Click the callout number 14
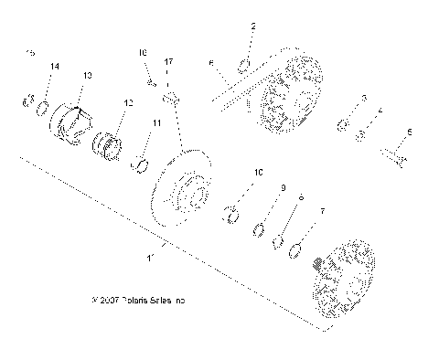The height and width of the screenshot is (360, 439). pyautogui.click(x=55, y=68)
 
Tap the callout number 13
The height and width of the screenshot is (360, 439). pyautogui.click(x=88, y=75)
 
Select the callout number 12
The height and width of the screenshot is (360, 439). pyautogui.click(x=127, y=103)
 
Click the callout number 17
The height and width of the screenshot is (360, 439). pyautogui.click(x=168, y=60)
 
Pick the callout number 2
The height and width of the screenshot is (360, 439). pyautogui.click(x=253, y=26)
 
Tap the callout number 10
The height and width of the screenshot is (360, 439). pyautogui.click(x=258, y=172)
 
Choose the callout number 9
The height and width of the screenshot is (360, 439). pyautogui.click(x=283, y=188)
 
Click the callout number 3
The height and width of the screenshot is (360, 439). pyautogui.click(x=363, y=98)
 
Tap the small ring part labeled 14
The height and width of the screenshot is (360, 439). pyautogui.click(x=42, y=110)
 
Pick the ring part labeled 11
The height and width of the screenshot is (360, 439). pyautogui.click(x=142, y=164)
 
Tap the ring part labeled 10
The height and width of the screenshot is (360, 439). pyautogui.click(x=231, y=216)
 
